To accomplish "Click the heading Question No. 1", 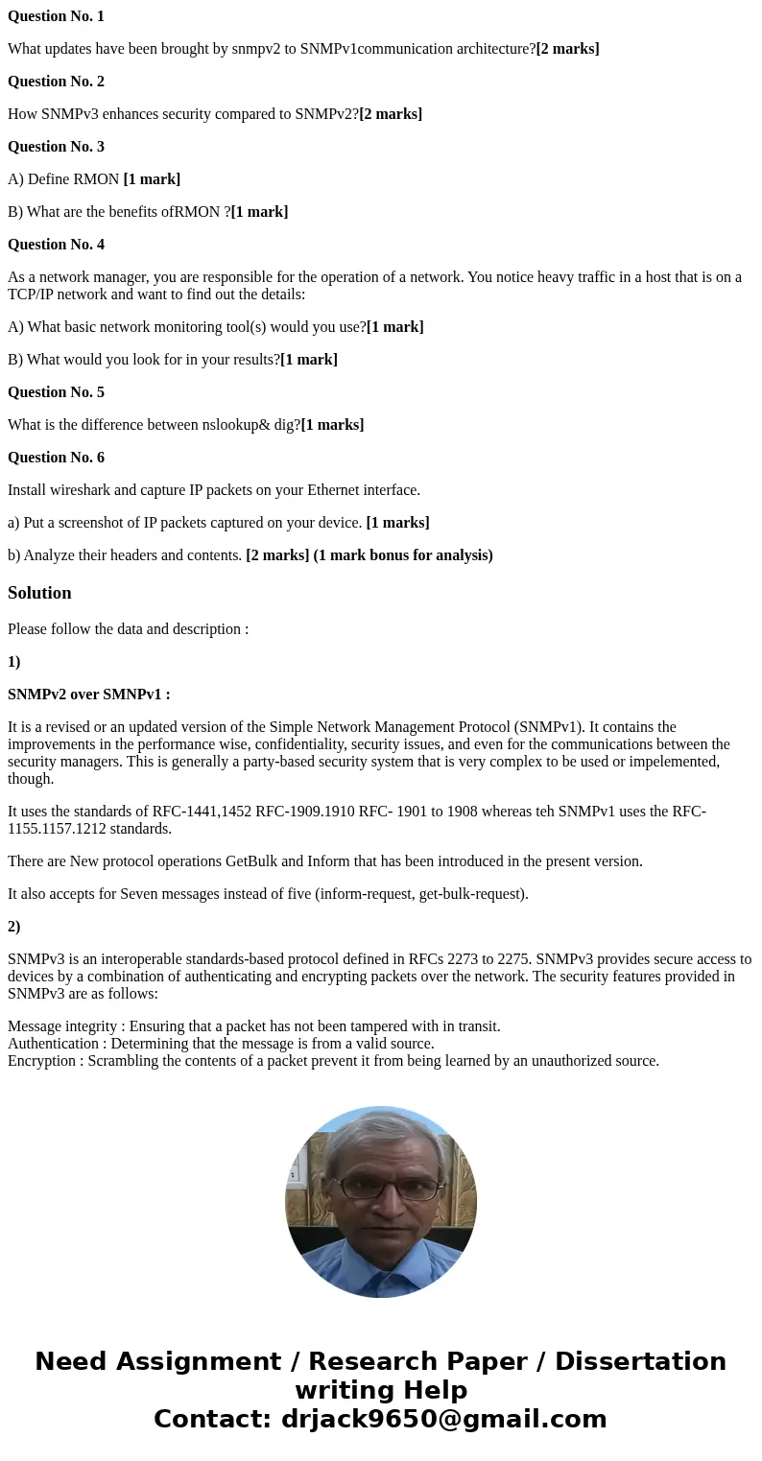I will click(x=56, y=16).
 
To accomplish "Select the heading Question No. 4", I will click(x=56, y=245).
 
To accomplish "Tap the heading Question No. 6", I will click(x=56, y=458).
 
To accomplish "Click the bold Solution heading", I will click(x=39, y=593).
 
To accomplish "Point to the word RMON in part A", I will click(x=96, y=179).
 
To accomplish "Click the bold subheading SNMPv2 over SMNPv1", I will click(x=88, y=695).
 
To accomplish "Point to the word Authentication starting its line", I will click(x=53, y=1044).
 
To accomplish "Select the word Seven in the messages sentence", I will click(x=139, y=894).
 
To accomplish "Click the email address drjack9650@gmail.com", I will click(x=443, y=1420).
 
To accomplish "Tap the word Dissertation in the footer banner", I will click(x=640, y=1362).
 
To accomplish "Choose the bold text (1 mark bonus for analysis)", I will click(x=403, y=555).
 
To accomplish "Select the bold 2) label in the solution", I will click(x=13, y=927).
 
